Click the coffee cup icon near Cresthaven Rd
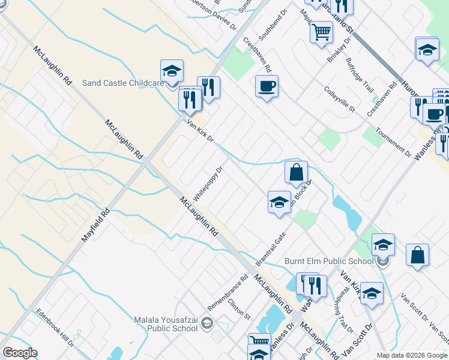[266, 86]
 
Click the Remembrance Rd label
[228, 292]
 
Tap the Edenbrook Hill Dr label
[54, 327]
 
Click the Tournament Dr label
[393, 142]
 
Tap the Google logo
[19, 353]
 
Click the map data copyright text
[412, 355]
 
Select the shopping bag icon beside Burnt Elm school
[417, 254]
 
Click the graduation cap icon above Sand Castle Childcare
[172, 71]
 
